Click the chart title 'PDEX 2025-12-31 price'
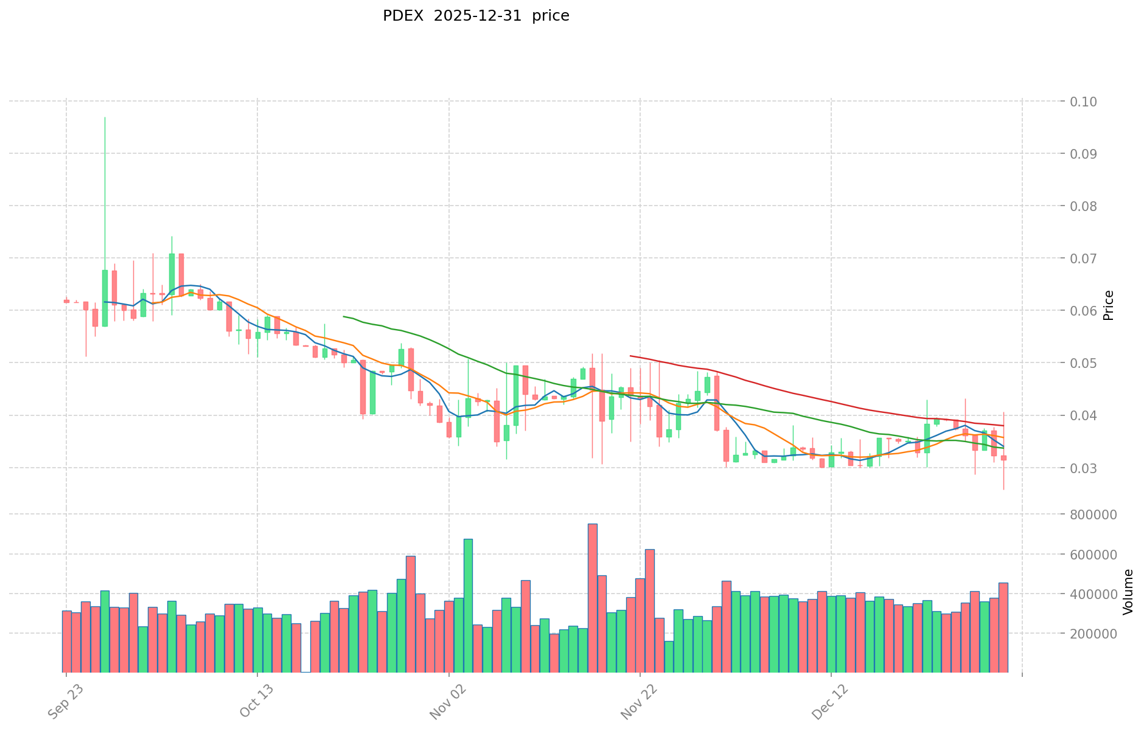click(476, 16)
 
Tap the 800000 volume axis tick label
click(1096, 514)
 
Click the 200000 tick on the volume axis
click(1096, 634)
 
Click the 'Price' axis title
click(1108, 305)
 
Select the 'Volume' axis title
click(1128, 592)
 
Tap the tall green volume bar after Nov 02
click(468, 605)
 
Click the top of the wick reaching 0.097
click(105, 117)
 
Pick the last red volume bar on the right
click(1003, 627)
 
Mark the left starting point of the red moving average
click(630, 356)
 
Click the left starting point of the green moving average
click(344, 316)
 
